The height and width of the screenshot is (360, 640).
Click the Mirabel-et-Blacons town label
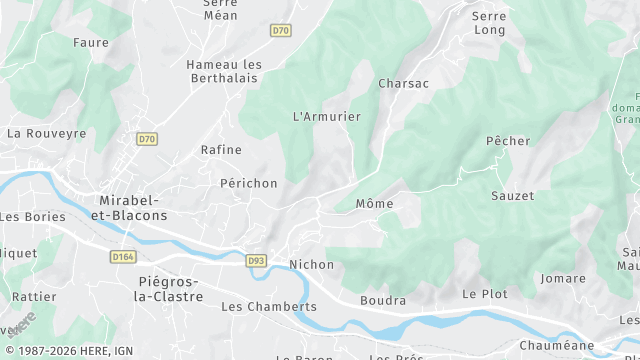point(133,207)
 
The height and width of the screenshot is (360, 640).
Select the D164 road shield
point(123,257)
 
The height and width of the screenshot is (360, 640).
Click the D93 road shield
point(257,261)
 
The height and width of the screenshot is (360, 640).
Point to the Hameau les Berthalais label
point(224,72)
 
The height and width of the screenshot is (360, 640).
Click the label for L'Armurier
point(326,117)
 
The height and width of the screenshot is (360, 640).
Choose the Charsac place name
point(403,84)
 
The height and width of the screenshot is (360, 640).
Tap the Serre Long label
point(489,24)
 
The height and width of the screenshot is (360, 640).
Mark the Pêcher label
point(508,141)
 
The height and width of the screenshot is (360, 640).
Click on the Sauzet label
point(512,196)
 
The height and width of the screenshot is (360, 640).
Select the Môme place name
point(375,204)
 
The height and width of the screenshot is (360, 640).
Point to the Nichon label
point(311,264)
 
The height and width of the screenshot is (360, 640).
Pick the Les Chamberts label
point(268,306)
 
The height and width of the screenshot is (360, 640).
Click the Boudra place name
point(383,300)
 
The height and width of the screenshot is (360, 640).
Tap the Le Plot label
point(485,294)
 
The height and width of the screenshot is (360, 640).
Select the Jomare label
point(562,278)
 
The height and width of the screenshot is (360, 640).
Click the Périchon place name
point(248,184)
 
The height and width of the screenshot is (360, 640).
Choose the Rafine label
point(221,150)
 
